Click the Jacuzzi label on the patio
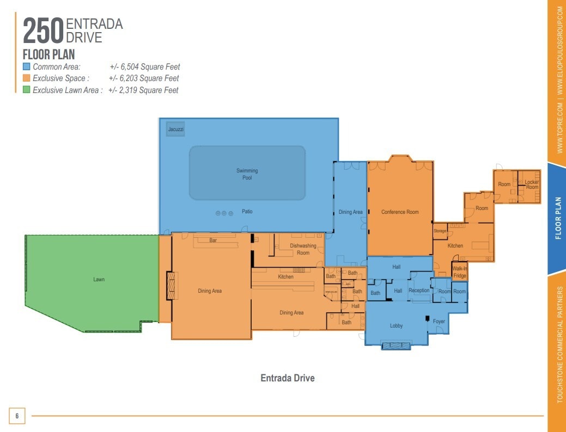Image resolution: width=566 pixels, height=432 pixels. point(175,129)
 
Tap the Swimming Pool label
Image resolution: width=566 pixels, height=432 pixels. point(247,174)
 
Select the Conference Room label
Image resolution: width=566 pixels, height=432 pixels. point(400,212)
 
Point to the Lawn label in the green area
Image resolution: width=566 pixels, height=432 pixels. point(99,280)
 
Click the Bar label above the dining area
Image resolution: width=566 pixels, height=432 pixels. point(214,240)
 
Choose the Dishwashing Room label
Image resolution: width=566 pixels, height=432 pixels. point(303,249)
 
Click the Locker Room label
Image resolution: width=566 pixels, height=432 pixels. point(532,184)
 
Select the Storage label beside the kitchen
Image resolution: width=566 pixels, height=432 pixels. point(440,231)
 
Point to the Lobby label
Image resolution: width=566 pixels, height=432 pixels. point(396,326)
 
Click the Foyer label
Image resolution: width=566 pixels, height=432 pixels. point(439,322)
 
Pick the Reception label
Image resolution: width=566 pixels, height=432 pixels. point(419,291)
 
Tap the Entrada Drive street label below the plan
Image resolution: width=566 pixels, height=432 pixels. point(288,378)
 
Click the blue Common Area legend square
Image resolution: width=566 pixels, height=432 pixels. point(26,67)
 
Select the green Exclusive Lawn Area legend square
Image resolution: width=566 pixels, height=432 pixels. point(26,90)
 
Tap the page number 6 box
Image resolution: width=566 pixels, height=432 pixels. point(17,416)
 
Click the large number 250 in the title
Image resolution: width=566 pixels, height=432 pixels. point(43,32)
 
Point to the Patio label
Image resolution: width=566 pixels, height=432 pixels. point(247,212)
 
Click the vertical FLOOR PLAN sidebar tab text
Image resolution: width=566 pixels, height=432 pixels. point(558,218)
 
